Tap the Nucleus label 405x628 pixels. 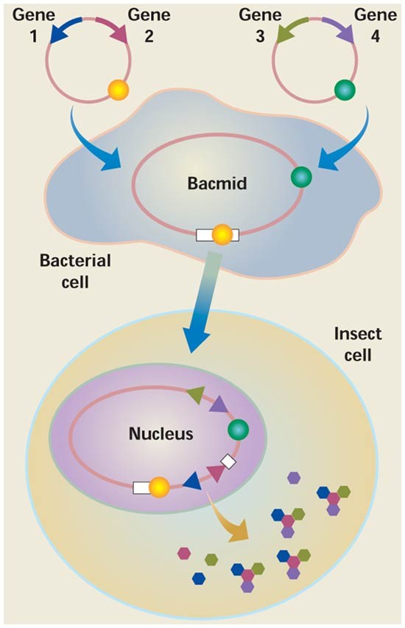(x=161, y=433)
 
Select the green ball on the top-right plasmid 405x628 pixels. (x=345, y=90)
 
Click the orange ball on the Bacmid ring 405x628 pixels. (x=222, y=235)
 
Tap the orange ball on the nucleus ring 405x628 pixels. (x=160, y=486)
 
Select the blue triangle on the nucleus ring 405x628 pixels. (x=191, y=481)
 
